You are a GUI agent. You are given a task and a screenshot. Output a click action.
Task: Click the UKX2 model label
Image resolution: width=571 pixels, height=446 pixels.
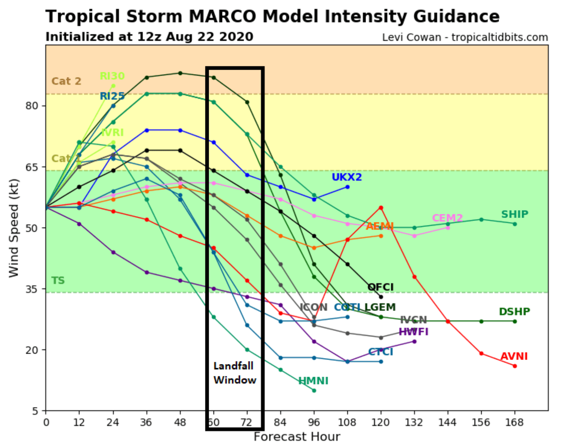click(346, 177)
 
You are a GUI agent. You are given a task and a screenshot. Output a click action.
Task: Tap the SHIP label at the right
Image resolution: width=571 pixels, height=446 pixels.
click(514, 214)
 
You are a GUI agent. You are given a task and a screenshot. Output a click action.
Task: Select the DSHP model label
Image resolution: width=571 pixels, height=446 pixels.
click(514, 312)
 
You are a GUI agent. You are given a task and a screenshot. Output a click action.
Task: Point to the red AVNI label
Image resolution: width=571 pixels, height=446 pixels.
click(514, 356)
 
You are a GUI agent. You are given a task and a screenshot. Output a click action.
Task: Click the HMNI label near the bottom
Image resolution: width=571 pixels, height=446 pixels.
click(313, 381)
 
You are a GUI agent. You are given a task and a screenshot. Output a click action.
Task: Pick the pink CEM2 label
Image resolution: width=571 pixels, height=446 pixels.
click(447, 218)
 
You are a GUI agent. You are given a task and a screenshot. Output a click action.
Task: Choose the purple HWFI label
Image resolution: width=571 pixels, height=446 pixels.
click(413, 332)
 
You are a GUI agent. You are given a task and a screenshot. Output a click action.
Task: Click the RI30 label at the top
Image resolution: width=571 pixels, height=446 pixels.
click(112, 76)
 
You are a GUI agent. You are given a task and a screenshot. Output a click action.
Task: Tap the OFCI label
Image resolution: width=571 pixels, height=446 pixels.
click(380, 287)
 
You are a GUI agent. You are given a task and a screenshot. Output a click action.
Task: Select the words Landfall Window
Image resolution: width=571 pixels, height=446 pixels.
click(235, 373)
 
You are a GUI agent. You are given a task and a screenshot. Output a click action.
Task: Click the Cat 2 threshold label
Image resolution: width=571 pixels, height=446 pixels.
click(66, 81)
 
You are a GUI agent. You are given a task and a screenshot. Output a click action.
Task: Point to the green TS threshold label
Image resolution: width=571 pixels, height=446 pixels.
click(58, 281)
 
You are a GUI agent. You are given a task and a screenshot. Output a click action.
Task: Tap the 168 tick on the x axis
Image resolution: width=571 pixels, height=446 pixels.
click(515, 422)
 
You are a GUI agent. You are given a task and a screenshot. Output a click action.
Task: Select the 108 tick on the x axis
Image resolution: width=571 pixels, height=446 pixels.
click(347, 422)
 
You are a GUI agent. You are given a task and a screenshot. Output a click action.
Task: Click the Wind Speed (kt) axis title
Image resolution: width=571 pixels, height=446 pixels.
click(14, 228)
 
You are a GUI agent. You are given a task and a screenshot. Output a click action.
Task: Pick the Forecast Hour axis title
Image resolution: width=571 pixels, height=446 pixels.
click(297, 437)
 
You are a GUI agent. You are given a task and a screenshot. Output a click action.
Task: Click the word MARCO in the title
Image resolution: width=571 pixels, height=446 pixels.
click(222, 17)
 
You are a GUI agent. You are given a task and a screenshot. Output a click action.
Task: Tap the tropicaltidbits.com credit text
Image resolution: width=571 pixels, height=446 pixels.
click(499, 37)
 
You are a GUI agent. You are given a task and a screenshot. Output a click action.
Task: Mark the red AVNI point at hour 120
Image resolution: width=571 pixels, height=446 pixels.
click(381, 208)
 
